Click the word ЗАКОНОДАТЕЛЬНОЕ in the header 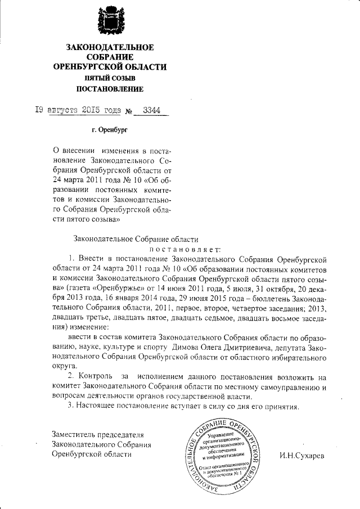pyautogui.click(x=110, y=47)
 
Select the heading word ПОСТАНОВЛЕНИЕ pyautogui.click(x=110, y=89)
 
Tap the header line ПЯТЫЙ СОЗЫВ pyautogui.click(x=110, y=78)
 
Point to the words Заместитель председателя pyautogui.click(x=98, y=434)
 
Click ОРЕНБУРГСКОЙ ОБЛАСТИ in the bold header pyautogui.click(x=110, y=67)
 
